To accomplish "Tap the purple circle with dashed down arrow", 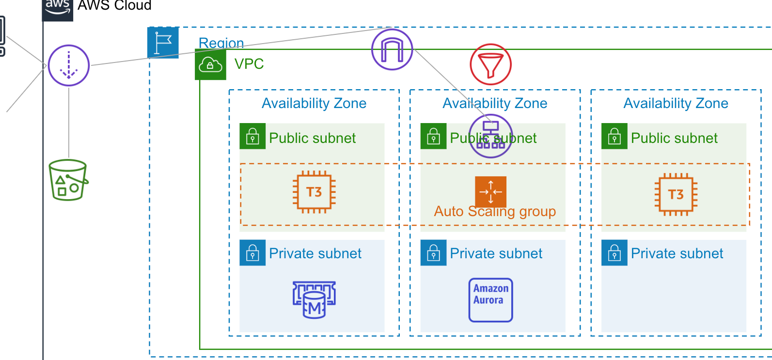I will tap(69, 65).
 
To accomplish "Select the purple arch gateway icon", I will tap(392, 49).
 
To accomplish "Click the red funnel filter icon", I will tap(490, 64).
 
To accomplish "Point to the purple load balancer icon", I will tap(490, 136).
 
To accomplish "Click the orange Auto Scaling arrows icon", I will tap(490, 191).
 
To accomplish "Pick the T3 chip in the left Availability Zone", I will tap(314, 192).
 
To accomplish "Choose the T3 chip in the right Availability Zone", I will tap(676, 194).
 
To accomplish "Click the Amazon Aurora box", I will tap(490, 300).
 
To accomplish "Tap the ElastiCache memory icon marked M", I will tap(314, 300).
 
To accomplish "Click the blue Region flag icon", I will tap(163, 43).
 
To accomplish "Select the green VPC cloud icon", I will tap(210, 64).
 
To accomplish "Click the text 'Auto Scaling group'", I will tap(495, 212).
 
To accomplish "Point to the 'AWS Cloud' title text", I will tap(114, 6).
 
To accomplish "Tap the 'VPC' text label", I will tap(249, 64).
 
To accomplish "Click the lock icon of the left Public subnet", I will tap(252, 136).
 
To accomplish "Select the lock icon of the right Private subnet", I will tap(614, 253).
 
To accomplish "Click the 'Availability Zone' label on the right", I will tap(676, 103).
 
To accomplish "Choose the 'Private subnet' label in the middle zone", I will tap(496, 253).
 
